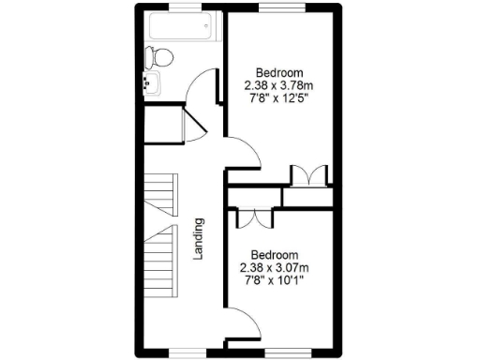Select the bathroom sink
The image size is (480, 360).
(x=150, y=84)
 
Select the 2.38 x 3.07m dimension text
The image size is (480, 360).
(x=274, y=267)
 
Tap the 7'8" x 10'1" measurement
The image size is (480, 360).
(x=274, y=279)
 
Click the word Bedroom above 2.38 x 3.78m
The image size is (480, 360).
(x=278, y=73)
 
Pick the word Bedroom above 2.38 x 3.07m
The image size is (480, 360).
(x=274, y=255)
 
